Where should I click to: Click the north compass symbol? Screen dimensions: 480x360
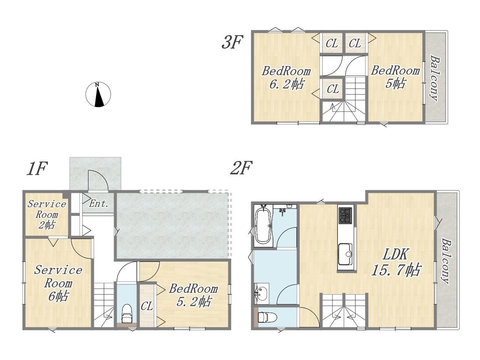[98, 94]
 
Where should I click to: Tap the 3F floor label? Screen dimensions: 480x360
[232, 42]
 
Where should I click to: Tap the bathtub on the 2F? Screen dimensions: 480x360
[263, 226]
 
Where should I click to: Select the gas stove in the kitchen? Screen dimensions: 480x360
[345, 216]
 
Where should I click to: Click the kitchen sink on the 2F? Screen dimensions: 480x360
[345, 254]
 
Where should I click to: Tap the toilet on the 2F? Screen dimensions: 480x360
[267, 317]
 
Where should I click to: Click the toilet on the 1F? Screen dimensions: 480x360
[127, 313]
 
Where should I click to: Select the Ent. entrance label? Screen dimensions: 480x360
[99, 204]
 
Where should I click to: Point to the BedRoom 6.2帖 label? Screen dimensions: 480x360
[286, 78]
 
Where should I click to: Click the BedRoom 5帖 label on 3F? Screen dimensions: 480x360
[395, 77]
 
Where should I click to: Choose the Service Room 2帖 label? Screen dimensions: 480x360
[46, 214]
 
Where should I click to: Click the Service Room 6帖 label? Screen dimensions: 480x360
[58, 283]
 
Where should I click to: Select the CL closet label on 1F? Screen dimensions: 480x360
[147, 306]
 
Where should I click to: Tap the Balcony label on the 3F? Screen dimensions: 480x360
[435, 78]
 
